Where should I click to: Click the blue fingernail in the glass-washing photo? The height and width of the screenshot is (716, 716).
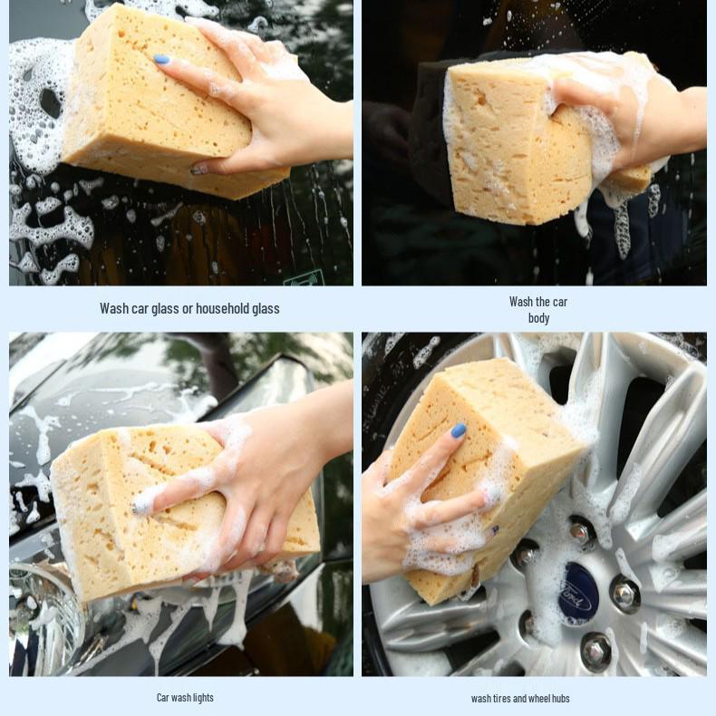(161, 59)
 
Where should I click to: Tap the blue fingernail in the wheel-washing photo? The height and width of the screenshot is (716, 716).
(459, 431)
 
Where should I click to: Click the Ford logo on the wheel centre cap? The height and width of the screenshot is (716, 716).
(578, 592)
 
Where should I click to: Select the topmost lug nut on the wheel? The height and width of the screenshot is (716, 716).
(581, 531)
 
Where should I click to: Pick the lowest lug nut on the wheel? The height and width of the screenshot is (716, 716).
(595, 652)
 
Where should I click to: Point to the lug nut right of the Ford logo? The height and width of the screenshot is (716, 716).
(625, 593)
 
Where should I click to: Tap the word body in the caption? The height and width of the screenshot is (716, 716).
(538, 318)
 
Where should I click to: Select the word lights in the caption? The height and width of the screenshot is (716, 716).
(203, 698)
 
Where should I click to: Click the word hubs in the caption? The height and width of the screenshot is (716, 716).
(561, 699)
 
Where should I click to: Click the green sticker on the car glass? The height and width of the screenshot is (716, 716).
(303, 277)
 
